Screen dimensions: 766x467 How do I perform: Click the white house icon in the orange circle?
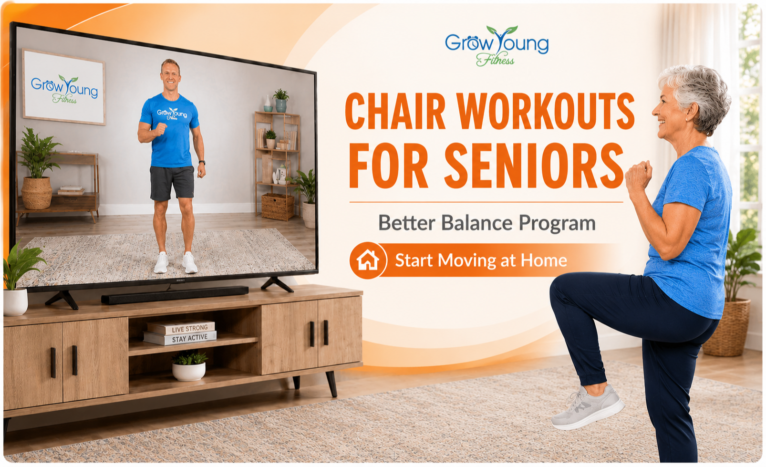click(x=368, y=260)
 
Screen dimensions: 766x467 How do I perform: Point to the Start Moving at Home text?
click(x=481, y=260)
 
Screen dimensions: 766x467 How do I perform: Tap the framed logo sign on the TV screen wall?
click(x=64, y=87)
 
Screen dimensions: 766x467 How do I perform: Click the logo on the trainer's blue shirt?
click(x=172, y=114)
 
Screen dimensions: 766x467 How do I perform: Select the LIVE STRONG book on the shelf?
click(x=181, y=327)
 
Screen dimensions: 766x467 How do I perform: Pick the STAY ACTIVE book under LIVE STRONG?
click(x=180, y=338)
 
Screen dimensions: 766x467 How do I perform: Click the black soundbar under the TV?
click(x=175, y=295)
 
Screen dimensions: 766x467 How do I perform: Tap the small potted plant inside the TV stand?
click(x=189, y=365)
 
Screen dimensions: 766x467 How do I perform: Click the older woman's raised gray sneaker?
click(x=588, y=407)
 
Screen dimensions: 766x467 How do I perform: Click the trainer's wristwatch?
click(x=202, y=163)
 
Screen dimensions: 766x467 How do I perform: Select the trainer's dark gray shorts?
click(x=172, y=183)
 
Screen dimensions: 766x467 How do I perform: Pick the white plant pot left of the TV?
click(x=15, y=302)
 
